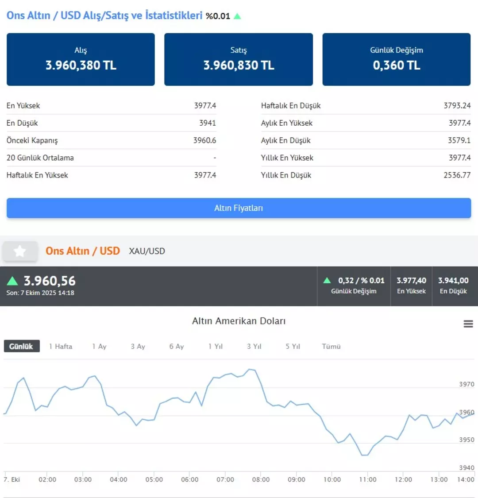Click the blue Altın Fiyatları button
click(x=239, y=208)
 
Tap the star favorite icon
click(x=19, y=251)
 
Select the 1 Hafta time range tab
click(x=61, y=346)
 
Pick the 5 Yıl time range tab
click(x=293, y=346)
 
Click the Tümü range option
click(x=331, y=346)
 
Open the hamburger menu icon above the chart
click(x=468, y=324)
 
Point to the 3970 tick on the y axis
click(x=466, y=384)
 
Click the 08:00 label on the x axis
click(x=261, y=479)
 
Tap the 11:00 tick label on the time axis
click(x=367, y=479)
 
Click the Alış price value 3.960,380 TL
click(x=81, y=66)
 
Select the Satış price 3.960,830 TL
click(x=239, y=66)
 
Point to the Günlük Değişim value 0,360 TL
click(x=397, y=66)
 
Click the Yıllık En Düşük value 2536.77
click(x=457, y=175)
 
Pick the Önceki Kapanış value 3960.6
click(x=204, y=140)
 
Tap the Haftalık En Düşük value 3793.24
click(x=457, y=105)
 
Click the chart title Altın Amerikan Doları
click(x=239, y=321)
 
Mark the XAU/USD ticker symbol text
click(x=147, y=251)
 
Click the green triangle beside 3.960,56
click(x=12, y=281)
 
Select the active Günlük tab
click(x=21, y=346)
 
